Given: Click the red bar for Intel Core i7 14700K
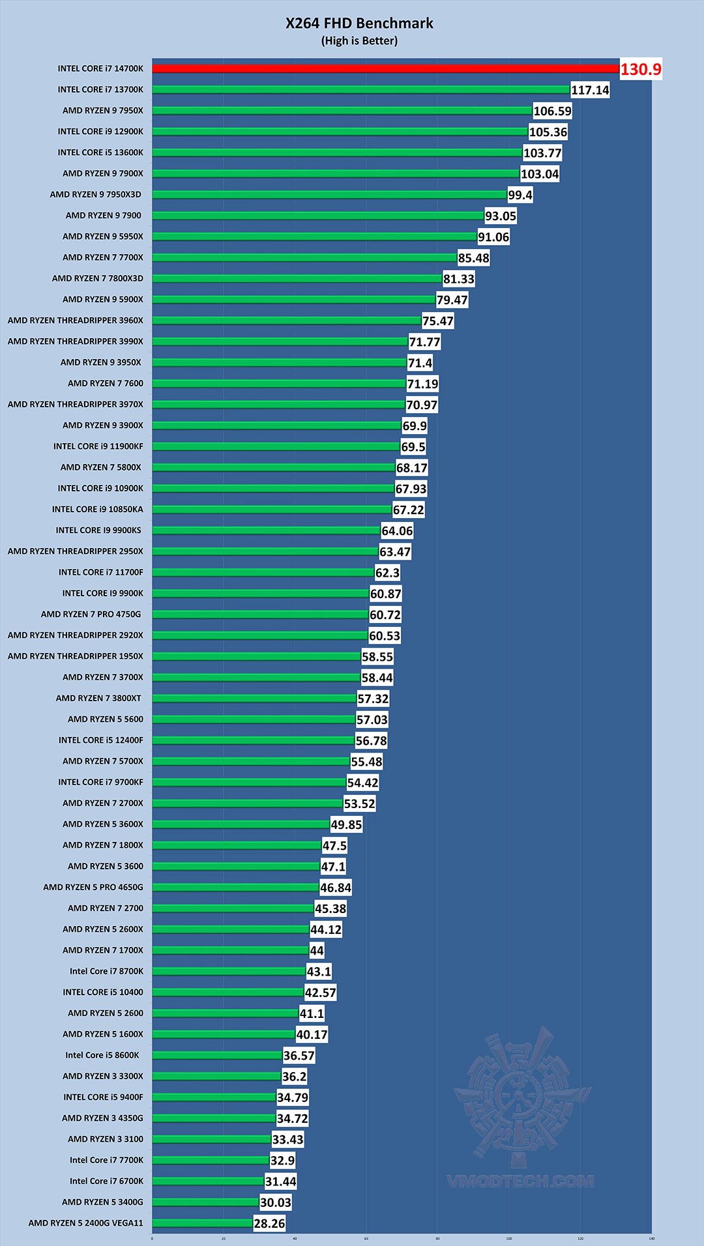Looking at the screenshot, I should (385, 68).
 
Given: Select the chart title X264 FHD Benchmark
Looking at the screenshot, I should (359, 23).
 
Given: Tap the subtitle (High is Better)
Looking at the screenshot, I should (359, 41).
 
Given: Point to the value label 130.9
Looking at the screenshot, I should (640, 69).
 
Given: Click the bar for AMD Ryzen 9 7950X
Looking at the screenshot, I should (342, 111).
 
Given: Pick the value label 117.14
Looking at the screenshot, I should (590, 90).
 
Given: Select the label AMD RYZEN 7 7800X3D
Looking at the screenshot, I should (98, 278).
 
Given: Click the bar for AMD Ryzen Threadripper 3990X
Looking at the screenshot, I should (280, 341).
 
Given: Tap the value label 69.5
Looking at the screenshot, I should (413, 447).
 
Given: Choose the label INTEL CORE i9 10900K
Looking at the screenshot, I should (100, 488).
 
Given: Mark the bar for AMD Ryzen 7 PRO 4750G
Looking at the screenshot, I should (260, 615).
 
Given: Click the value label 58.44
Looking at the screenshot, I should (377, 678).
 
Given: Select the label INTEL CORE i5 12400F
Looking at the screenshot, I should (101, 740).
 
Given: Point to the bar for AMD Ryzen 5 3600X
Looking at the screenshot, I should (241, 824).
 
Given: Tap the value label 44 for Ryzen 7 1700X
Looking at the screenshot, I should (317, 951).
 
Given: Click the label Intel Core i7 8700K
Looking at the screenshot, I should (106, 971).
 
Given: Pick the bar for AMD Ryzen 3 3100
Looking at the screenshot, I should (211, 1139).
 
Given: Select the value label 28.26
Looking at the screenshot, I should (269, 1223).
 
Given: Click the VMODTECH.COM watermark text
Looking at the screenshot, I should (520, 1181).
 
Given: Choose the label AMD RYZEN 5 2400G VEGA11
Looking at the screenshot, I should (85, 1223).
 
